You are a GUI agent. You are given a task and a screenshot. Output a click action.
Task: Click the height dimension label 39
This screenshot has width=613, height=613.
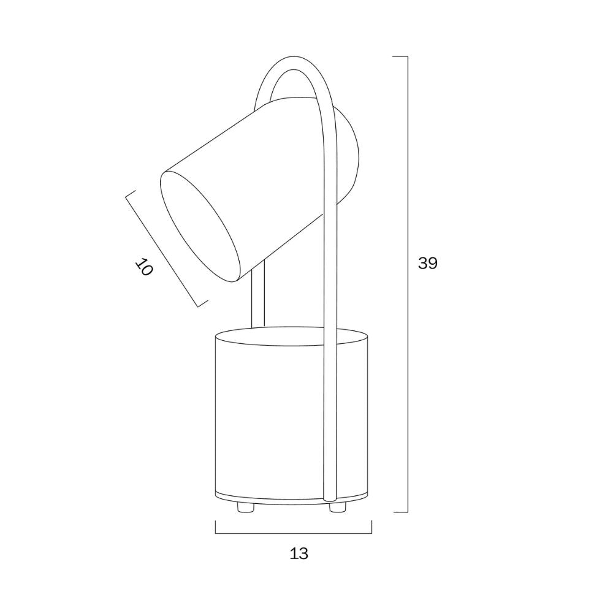pyautogui.click(x=428, y=263)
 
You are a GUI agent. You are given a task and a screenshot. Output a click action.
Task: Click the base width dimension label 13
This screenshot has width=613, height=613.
pyautogui.click(x=299, y=554)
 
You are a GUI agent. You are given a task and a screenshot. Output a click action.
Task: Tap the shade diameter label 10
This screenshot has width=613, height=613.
pyautogui.click(x=144, y=267)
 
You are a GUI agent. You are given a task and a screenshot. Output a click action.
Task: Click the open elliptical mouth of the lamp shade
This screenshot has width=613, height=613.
pyautogui.click(x=200, y=226)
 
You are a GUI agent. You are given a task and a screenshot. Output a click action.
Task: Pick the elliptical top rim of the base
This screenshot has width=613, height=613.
pyautogui.click(x=292, y=336)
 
